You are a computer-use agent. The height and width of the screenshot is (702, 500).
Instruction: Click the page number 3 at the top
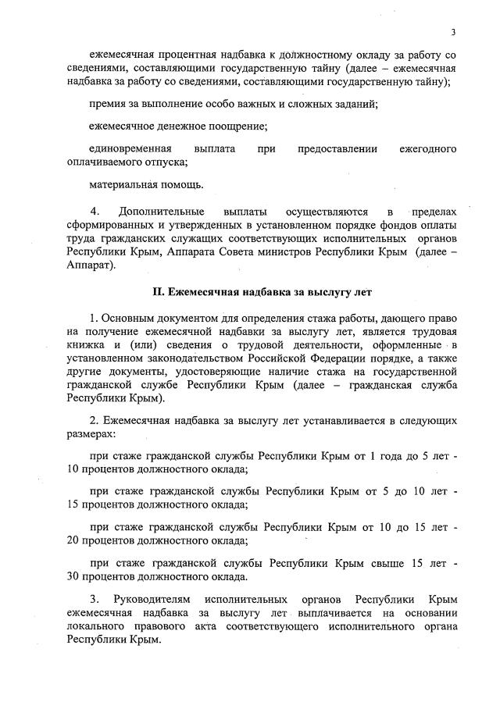(x=452, y=31)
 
